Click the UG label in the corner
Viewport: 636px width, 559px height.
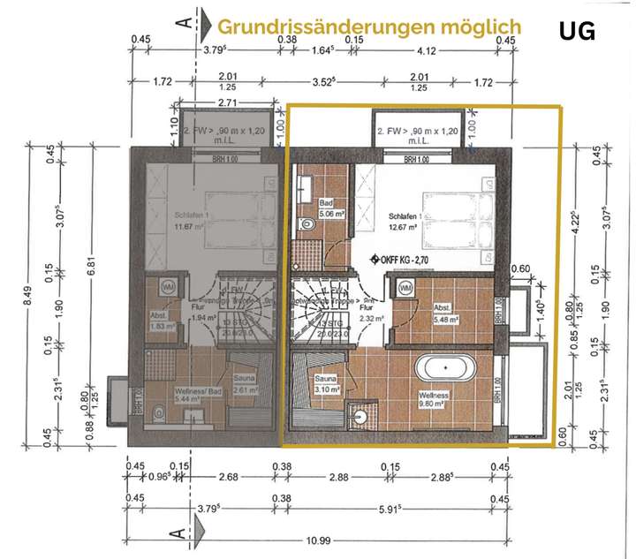point(577,32)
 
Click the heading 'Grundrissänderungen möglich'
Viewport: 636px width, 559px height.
point(369,26)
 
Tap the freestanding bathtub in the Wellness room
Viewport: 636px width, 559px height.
point(446,366)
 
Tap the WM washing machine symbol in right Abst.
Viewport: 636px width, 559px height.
point(405,289)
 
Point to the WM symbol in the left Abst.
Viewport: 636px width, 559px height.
point(165,287)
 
